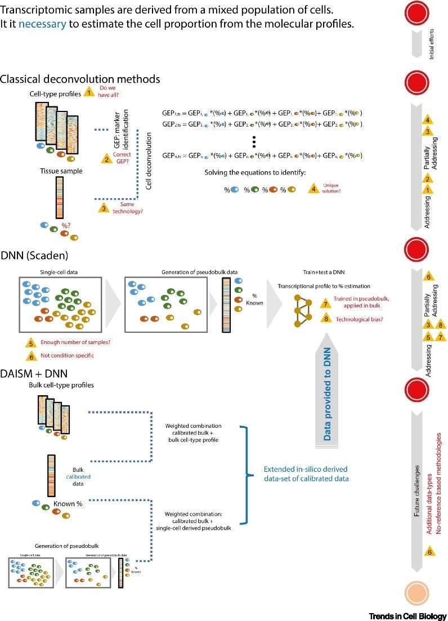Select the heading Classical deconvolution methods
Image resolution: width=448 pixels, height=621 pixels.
80,79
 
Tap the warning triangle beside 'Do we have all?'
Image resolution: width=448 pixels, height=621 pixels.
89,92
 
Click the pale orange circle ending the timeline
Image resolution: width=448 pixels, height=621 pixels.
418,593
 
